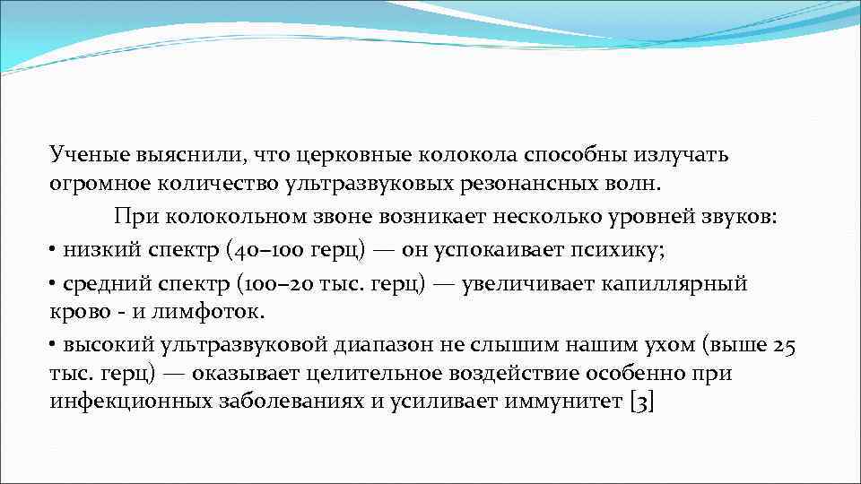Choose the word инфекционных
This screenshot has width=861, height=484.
(x=131, y=402)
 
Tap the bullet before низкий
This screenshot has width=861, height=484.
(x=54, y=250)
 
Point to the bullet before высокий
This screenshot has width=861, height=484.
(x=54, y=344)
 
